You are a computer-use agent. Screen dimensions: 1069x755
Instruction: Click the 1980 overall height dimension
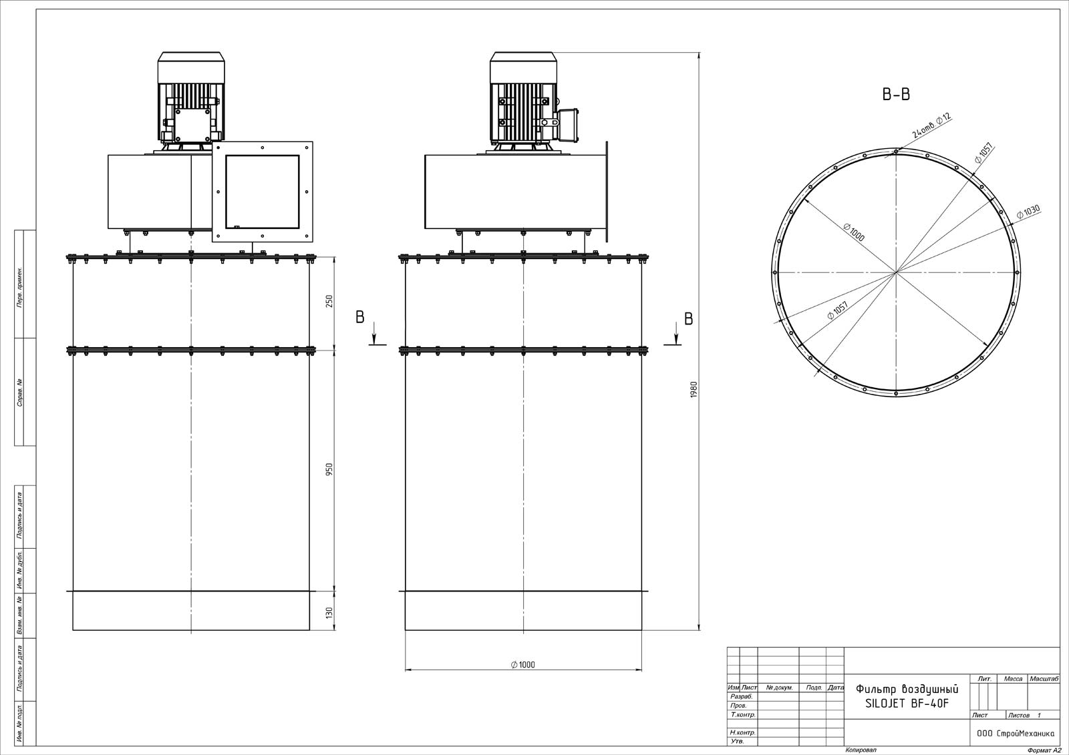(694, 390)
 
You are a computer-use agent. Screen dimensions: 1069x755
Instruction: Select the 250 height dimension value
(329, 302)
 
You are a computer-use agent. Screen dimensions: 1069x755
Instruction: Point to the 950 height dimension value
(329, 470)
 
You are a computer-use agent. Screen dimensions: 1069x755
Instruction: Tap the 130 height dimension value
(329, 613)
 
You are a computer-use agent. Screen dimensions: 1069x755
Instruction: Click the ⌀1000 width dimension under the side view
(523, 665)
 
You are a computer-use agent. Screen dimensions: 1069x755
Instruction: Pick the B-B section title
(896, 94)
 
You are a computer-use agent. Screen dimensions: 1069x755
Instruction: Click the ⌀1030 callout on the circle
(1028, 212)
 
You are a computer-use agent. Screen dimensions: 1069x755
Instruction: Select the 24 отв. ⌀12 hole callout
(931, 125)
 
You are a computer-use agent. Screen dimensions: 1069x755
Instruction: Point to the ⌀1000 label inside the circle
(854, 232)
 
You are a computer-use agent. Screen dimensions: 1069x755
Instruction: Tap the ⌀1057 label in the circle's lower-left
(838, 310)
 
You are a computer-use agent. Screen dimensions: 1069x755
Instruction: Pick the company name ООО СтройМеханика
(1016, 734)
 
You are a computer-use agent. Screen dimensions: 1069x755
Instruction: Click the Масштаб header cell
(1044, 679)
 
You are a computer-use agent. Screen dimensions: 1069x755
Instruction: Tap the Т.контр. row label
(743, 714)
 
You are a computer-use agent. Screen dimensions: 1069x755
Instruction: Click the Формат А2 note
(1044, 750)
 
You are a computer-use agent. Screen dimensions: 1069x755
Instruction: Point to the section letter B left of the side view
(360, 317)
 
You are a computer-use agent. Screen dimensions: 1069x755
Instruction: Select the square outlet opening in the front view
(262, 192)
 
